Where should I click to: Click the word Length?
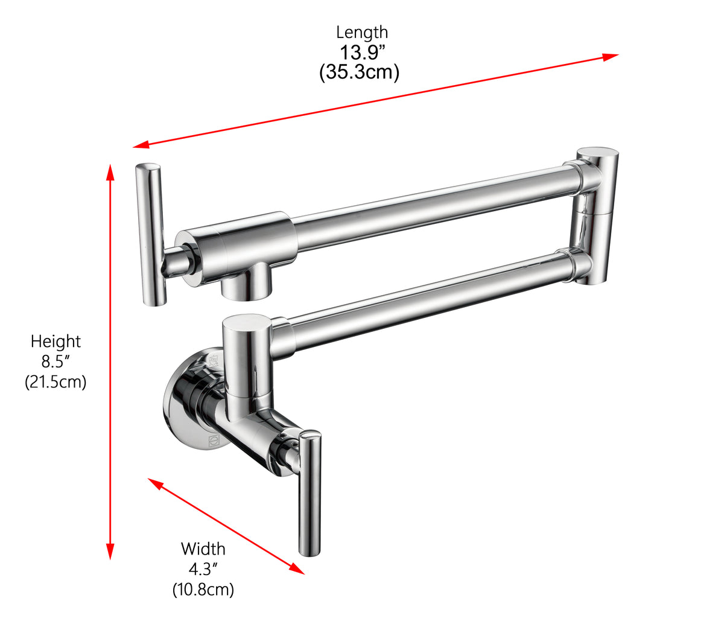tap(362, 32)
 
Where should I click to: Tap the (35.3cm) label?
tap(359, 73)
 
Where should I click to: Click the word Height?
tap(56, 342)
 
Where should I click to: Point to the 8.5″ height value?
tap(56, 362)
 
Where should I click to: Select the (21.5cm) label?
tap(56, 382)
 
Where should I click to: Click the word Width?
tap(203, 549)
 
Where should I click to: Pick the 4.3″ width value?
tap(203, 569)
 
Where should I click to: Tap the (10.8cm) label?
tap(203, 589)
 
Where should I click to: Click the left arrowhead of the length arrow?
tap(141, 145)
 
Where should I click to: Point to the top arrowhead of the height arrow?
tap(110, 171)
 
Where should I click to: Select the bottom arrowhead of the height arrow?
tap(110, 552)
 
